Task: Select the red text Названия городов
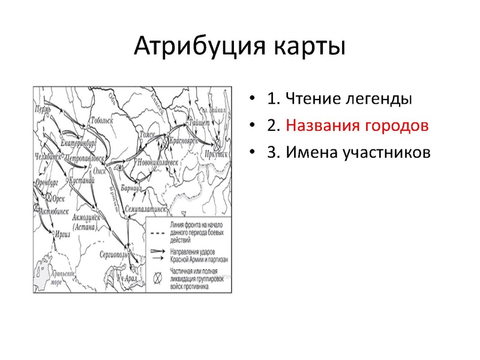pyautogui.click(x=357, y=126)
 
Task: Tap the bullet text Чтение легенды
pyautogui.click(x=349, y=99)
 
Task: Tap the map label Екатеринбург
pyautogui.click(x=79, y=145)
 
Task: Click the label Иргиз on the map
pyautogui.click(x=62, y=235)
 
